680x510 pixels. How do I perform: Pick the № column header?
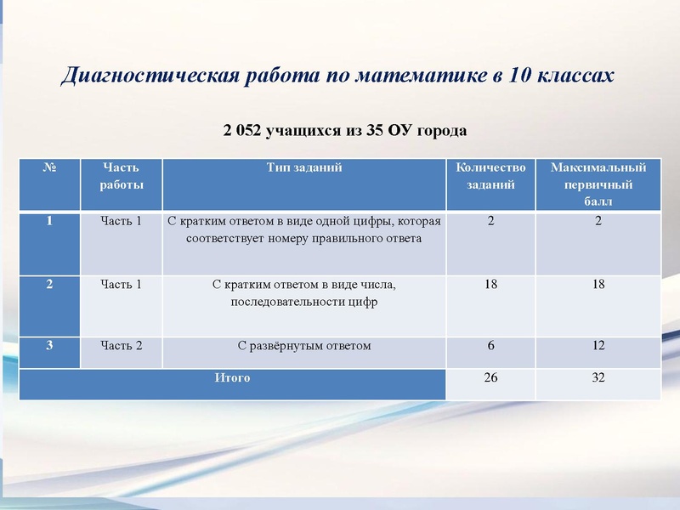tap(49, 168)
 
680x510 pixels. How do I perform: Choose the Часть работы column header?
tap(121, 176)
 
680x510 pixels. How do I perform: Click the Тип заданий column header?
tap(303, 168)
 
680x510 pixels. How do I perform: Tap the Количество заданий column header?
tap(490, 176)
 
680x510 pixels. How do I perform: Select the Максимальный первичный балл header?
tap(598, 184)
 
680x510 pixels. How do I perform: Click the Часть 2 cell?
tap(121, 346)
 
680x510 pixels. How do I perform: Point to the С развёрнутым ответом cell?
tap(303, 346)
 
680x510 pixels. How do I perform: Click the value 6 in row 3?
tap(490, 346)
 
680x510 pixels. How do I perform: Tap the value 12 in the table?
tap(598, 346)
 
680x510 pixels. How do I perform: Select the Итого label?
tap(232, 378)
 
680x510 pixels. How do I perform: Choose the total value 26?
tap(490, 378)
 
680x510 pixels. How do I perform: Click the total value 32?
tap(598, 378)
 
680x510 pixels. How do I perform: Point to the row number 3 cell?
tap(49, 346)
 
